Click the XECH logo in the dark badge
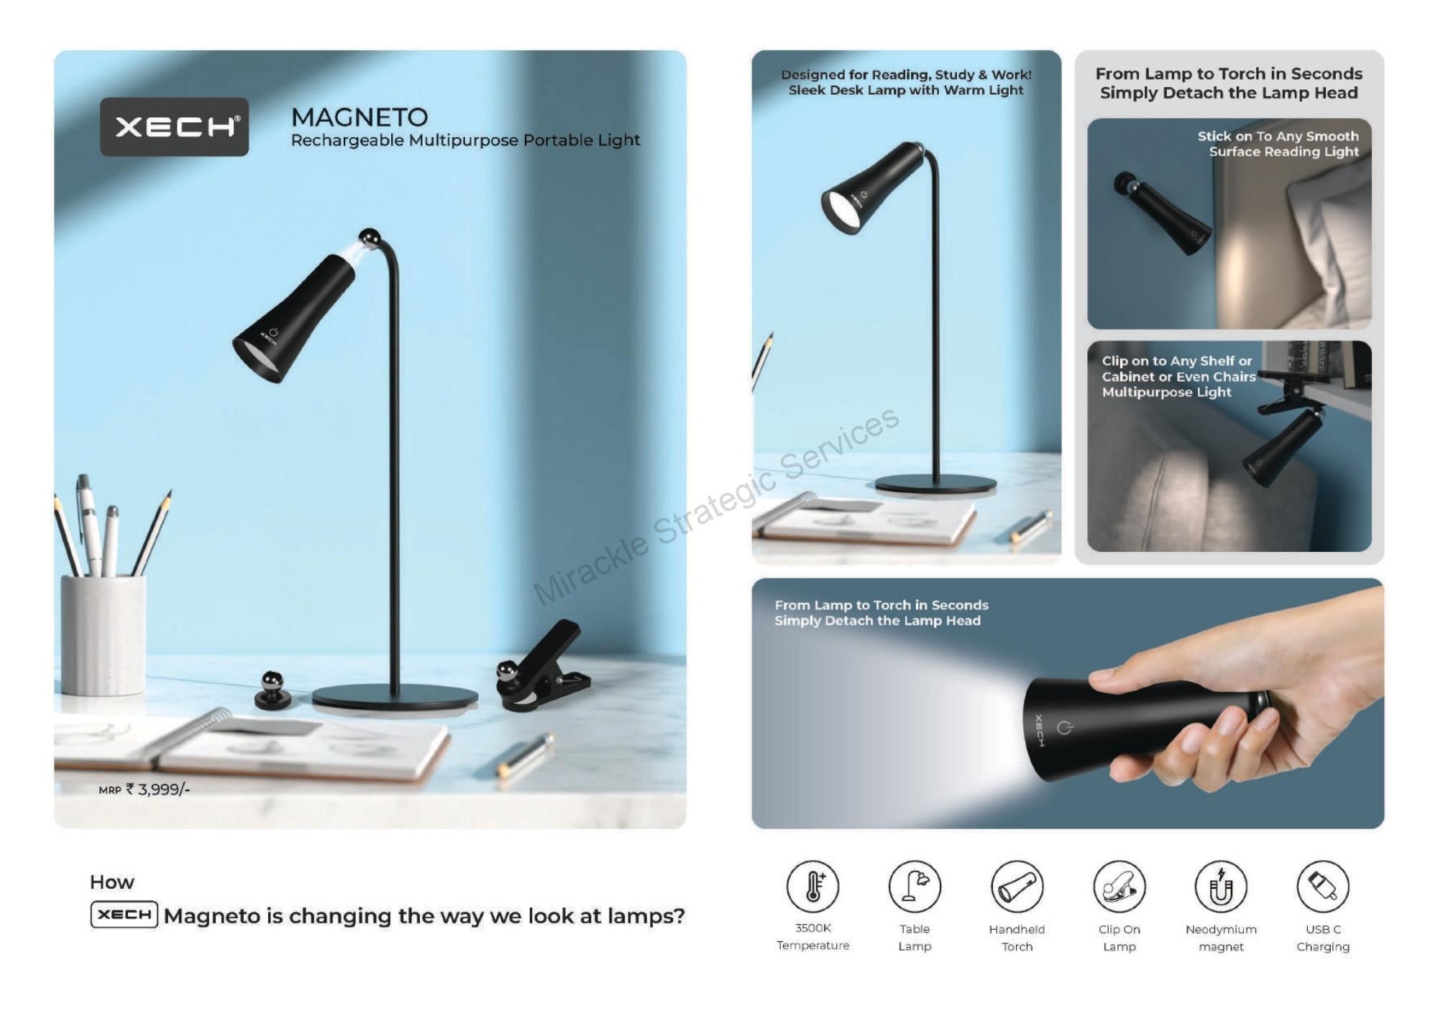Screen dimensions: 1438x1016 pos(174,126)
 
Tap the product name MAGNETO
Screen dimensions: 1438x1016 pos(359,117)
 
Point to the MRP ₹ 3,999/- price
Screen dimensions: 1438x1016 pos(145,789)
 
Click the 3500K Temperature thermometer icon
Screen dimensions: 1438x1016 pos(813,886)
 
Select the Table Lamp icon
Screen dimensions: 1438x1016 pos(915,886)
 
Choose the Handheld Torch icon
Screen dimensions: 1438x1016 pos(1017,886)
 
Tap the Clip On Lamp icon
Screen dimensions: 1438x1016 pos(1119,886)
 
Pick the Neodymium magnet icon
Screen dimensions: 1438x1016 pos(1221,886)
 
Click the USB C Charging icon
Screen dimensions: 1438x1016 pos(1323,886)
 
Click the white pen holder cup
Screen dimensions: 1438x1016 pos(104,634)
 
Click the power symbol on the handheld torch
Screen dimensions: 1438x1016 pos(1065,728)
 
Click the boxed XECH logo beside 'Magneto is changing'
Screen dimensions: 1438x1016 pos(124,915)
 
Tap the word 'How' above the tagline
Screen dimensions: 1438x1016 pos(112,882)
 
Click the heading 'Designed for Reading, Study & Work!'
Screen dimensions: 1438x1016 pos(906,75)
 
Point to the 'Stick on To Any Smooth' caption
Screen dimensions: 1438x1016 pos(1278,136)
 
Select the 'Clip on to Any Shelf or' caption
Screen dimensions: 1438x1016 pos(1177,361)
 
